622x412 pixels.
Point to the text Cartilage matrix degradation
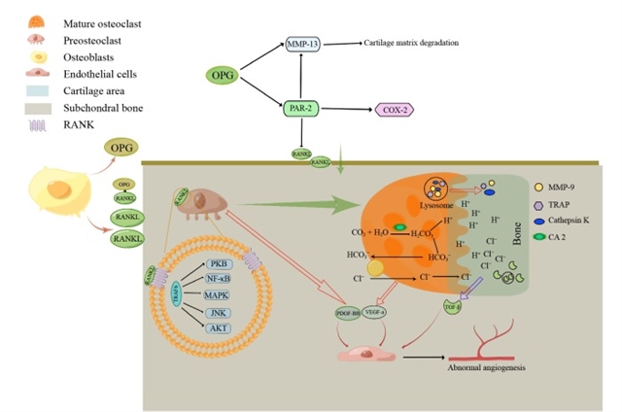point(410,44)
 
